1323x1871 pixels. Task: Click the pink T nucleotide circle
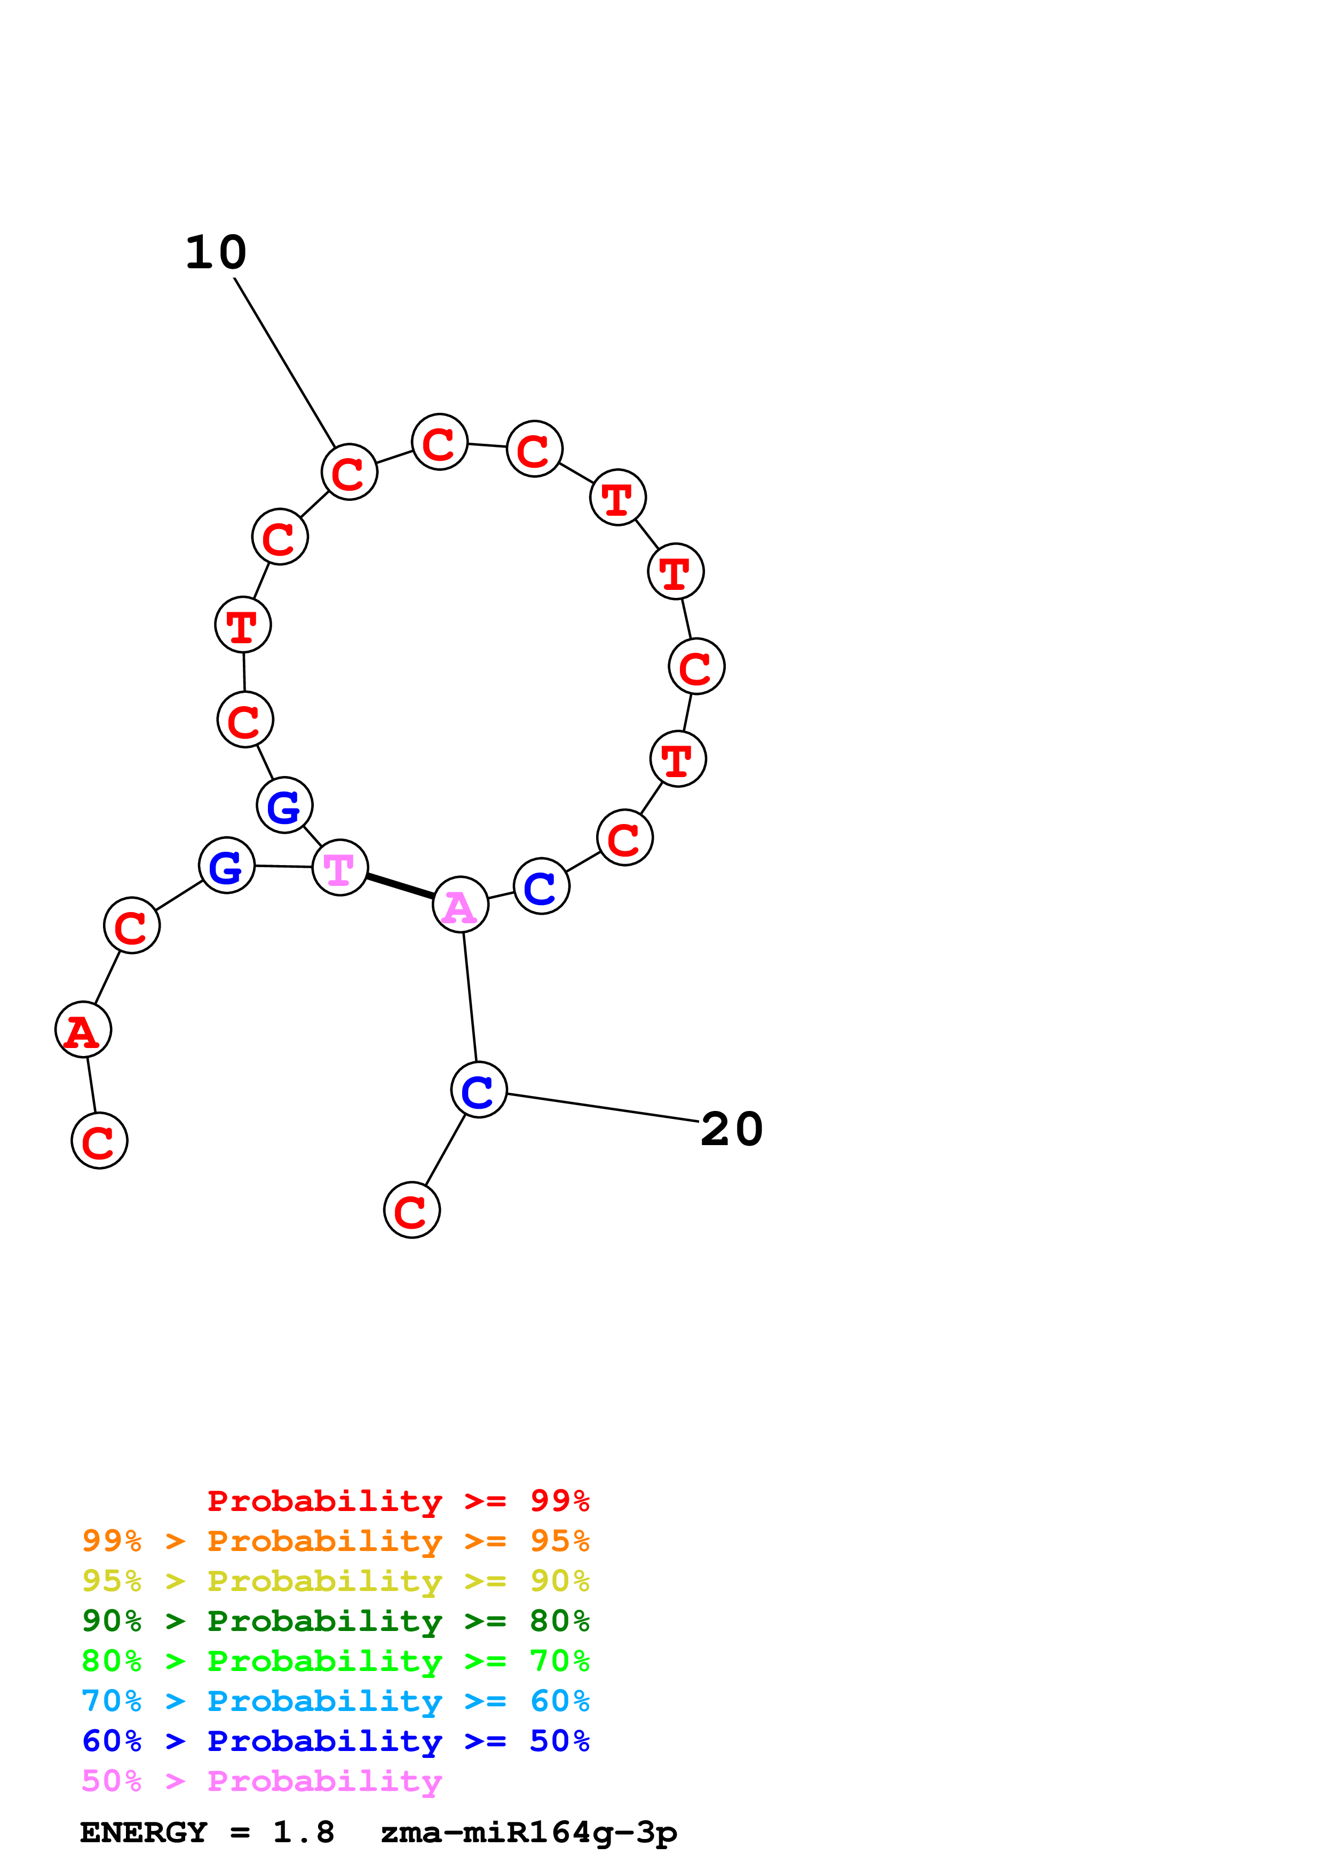(x=340, y=868)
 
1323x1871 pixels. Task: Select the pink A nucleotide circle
(x=461, y=905)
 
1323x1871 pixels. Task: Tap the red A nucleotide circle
(x=83, y=1030)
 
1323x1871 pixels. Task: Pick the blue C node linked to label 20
(x=479, y=1090)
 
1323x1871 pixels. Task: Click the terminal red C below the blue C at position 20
(x=411, y=1210)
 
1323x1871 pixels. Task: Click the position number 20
(x=731, y=1130)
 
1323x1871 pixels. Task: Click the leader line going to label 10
(x=286, y=363)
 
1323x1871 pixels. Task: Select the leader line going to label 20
(x=603, y=1108)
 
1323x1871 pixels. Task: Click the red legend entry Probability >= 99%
(x=398, y=1500)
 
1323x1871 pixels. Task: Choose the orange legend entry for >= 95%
(x=335, y=1541)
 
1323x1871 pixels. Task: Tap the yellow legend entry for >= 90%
(x=335, y=1581)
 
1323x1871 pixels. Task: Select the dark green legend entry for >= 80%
(x=335, y=1621)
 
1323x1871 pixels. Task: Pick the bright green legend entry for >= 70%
(x=335, y=1661)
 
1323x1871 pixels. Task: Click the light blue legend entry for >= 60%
(x=335, y=1701)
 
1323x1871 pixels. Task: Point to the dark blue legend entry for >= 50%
(x=335, y=1741)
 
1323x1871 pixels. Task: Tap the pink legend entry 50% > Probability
(x=262, y=1780)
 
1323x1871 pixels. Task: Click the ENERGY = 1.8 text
(x=207, y=1833)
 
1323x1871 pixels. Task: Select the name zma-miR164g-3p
(x=528, y=1833)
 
